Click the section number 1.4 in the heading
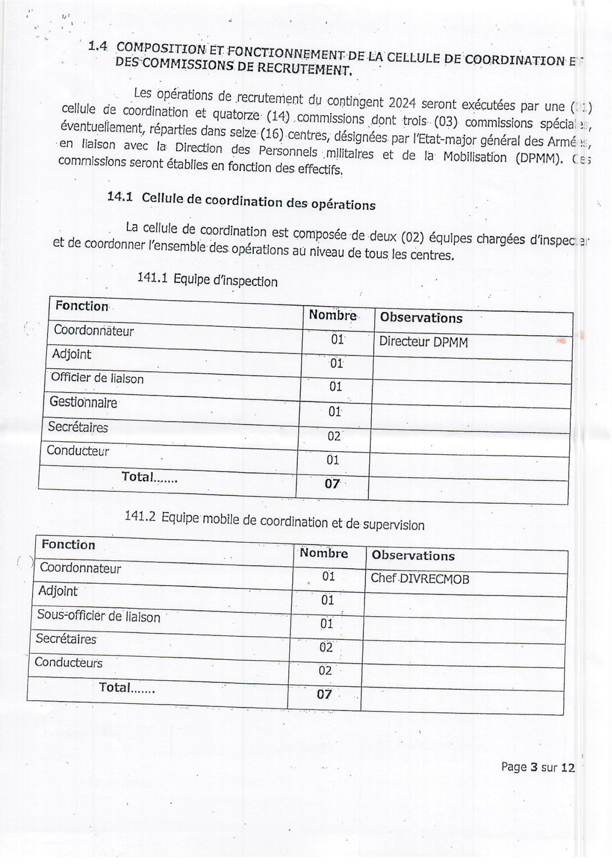[97, 47]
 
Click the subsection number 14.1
[120, 197]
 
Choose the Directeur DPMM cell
[423, 342]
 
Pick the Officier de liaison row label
[97, 378]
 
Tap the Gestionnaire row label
[83, 402]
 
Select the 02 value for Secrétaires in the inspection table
[334, 436]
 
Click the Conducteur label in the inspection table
[78, 451]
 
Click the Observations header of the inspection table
[421, 318]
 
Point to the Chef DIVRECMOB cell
[420, 578]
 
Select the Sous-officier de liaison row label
[99, 616]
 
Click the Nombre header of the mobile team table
[324, 553]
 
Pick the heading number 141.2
[140, 516]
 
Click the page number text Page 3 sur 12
[538, 767]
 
